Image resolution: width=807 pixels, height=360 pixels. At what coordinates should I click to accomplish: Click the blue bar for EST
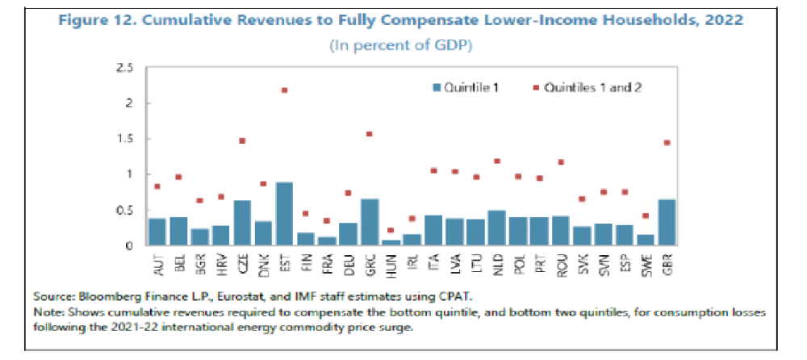coord(284,214)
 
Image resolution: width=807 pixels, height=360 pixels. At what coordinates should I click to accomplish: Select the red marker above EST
coord(284,90)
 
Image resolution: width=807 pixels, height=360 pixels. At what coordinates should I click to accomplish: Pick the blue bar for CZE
coord(241,223)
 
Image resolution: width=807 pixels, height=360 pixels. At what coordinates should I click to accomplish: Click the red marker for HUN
coord(390,230)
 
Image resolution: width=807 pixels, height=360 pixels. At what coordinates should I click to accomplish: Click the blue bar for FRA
coord(326,241)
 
